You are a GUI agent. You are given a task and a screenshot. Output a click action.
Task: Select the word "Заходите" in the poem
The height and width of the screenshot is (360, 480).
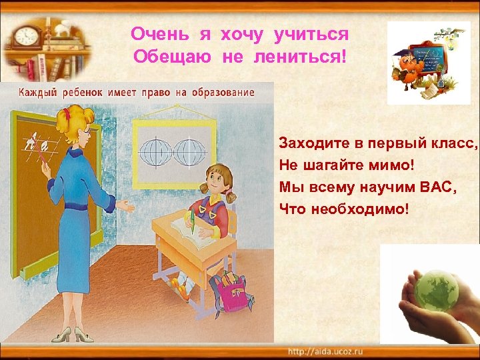pos(309,143)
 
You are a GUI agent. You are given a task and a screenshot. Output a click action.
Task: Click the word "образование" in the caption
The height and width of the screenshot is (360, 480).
pos(222,92)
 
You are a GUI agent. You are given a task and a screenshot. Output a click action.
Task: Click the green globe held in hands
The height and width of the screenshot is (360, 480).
pos(436,290)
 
